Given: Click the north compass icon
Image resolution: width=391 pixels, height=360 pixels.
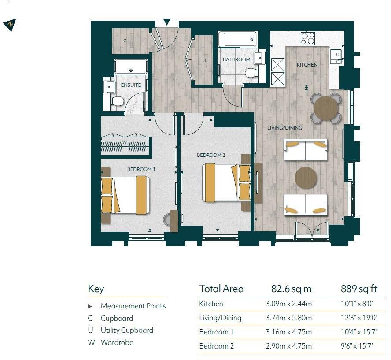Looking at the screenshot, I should pos(10,25).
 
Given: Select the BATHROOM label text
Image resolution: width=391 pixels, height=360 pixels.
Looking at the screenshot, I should pos(236,59).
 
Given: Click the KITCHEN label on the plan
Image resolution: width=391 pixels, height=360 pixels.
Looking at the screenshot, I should pos(306,65).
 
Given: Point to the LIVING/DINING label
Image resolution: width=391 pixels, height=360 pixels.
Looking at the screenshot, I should pos(285,128).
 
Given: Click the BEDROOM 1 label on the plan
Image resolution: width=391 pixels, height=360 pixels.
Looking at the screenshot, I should pos(141,169).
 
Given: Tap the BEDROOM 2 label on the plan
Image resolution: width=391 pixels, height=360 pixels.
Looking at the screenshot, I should pos(211,155).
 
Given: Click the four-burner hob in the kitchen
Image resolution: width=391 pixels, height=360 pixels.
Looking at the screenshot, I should pos(307,38).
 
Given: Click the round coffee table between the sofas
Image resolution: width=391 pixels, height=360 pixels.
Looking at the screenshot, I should pos(306,177).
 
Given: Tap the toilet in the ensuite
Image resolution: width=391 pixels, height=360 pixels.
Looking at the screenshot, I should pos(117,102).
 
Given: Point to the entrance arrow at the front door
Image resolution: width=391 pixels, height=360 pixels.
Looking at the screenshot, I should pos(167,22).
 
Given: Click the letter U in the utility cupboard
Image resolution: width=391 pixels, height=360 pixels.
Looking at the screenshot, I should pos(204,60).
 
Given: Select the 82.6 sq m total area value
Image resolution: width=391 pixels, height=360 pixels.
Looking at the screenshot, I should pos(291,289).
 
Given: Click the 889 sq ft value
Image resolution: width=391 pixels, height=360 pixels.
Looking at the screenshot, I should pos(359,289).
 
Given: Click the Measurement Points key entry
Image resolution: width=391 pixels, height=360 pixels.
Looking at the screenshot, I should pos(133,306).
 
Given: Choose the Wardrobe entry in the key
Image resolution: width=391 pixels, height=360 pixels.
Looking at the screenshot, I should pos(117,342).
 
